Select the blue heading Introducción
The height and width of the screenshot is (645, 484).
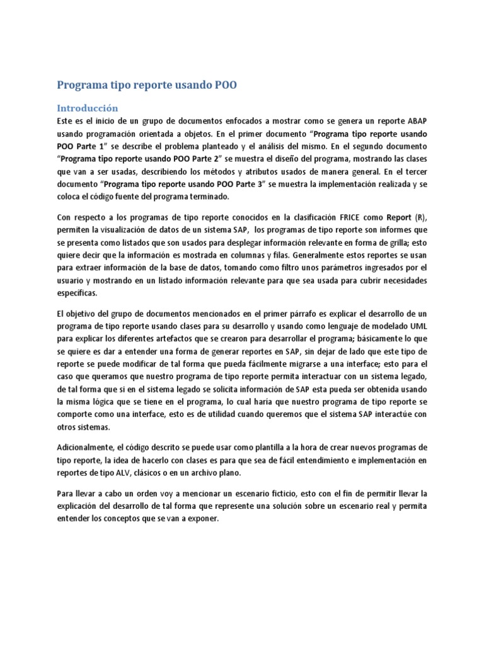[88, 108]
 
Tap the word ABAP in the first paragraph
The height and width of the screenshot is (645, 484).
[415, 121]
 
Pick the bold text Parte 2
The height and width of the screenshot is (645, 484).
[205, 160]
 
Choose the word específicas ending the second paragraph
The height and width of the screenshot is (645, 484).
[78, 294]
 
